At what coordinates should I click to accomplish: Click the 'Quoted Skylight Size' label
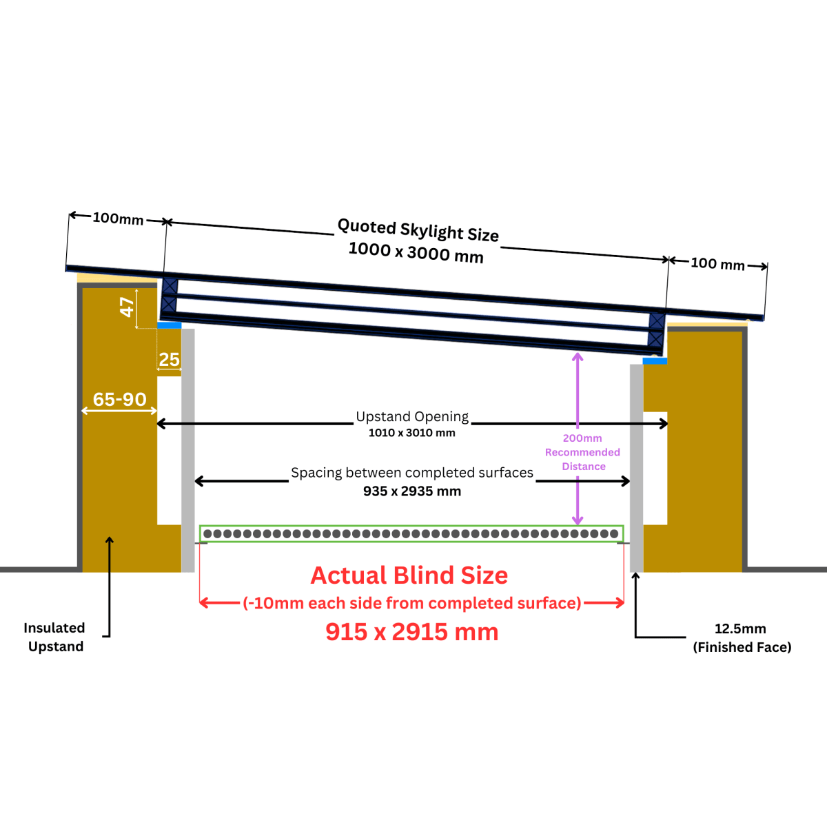[x=418, y=230]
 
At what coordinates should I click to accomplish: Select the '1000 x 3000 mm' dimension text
[x=416, y=252]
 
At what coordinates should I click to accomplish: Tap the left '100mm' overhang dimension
[x=118, y=218]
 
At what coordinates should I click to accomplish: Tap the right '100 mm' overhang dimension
[x=717, y=264]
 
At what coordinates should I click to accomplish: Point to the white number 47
[x=127, y=307]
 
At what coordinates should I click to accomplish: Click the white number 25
[x=169, y=360]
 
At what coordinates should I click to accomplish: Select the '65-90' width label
[x=119, y=400]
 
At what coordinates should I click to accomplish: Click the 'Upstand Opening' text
[x=412, y=416]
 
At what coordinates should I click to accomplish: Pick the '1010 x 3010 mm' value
[x=411, y=433]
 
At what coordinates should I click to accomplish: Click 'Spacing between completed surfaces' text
[x=412, y=473]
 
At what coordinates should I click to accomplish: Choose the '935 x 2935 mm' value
[x=412, y=491]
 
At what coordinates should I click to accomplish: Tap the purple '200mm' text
[x=582, y=438]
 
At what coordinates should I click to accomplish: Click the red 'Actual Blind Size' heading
[x=409, y=575]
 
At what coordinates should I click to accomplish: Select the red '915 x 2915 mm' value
[x=411, y=632]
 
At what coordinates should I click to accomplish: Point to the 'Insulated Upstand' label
[x=54, y=637]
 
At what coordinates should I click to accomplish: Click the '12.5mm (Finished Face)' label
[x=742, y=637]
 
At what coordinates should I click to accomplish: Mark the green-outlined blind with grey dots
[x=411, y=533]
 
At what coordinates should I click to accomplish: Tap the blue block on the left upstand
[x=170, y=325]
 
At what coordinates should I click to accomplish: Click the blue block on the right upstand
[x=655, y=360]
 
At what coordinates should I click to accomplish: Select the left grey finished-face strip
[x=187, y=448]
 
